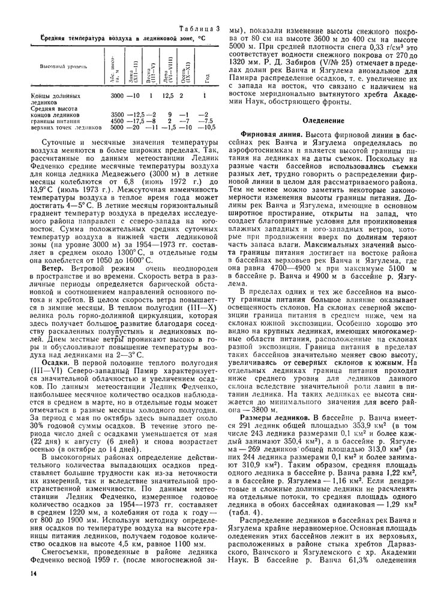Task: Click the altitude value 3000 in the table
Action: (x=116, y=95)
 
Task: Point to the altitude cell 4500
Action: (x=116, y=120)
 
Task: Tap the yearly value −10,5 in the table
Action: (x=206, y=127)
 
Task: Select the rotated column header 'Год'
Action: (x=205, y=77)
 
